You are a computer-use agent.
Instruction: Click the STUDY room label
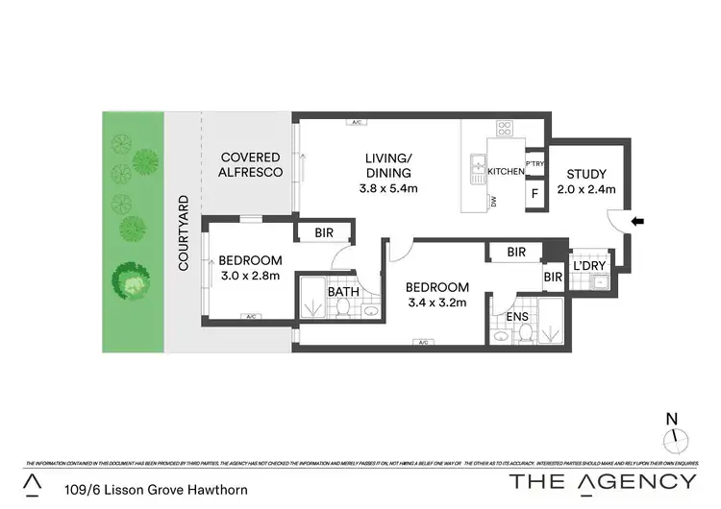585,174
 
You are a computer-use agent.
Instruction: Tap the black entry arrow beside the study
636,223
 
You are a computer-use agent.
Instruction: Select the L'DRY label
587,264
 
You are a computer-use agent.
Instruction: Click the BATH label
342,291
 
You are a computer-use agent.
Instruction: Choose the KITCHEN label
506,171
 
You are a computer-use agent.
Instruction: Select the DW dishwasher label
493,202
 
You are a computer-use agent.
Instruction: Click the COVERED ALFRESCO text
250,164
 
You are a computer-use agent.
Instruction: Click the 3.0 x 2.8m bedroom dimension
249,277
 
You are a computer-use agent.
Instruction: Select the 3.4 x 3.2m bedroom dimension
435,303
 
